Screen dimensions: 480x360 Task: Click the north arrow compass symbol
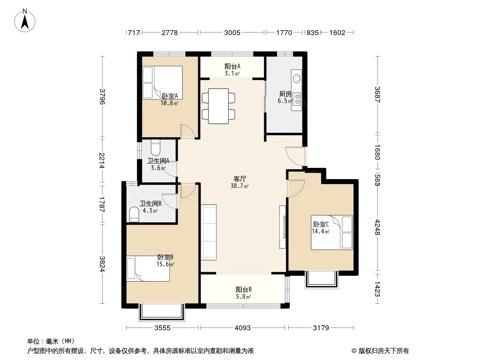tap(25, 20)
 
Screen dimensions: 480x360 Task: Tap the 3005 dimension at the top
tap(232, 32)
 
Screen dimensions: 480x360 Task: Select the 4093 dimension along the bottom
tap(242, 328)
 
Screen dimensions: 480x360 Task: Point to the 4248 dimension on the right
tap(377, 227)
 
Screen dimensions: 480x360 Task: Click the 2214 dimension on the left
tap(102, 161)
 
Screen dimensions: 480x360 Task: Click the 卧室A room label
tap(170, 96)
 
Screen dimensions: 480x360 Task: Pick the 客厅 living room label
tap(240, 179)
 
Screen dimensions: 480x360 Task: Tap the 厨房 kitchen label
tap(285, 94)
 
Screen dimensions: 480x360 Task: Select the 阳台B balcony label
tap(244, 289)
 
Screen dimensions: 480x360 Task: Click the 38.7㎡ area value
tap(240, 186)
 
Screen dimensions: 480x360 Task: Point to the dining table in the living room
tap(218, 106)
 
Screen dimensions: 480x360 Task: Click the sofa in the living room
tap(208, 233)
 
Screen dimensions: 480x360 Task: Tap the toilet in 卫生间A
tap(155, 148)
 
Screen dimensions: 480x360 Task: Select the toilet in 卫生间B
tap(134, 214)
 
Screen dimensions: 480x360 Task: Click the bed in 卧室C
tap(332, 233)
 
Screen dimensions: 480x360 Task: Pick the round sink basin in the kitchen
tap(297, 78)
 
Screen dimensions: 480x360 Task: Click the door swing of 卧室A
tap(187, 131)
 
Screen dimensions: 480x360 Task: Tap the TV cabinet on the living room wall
tap(283, 227)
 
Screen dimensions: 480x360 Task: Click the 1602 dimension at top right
tap(337, 32)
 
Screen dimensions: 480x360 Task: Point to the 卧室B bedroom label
tap(165, 257)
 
